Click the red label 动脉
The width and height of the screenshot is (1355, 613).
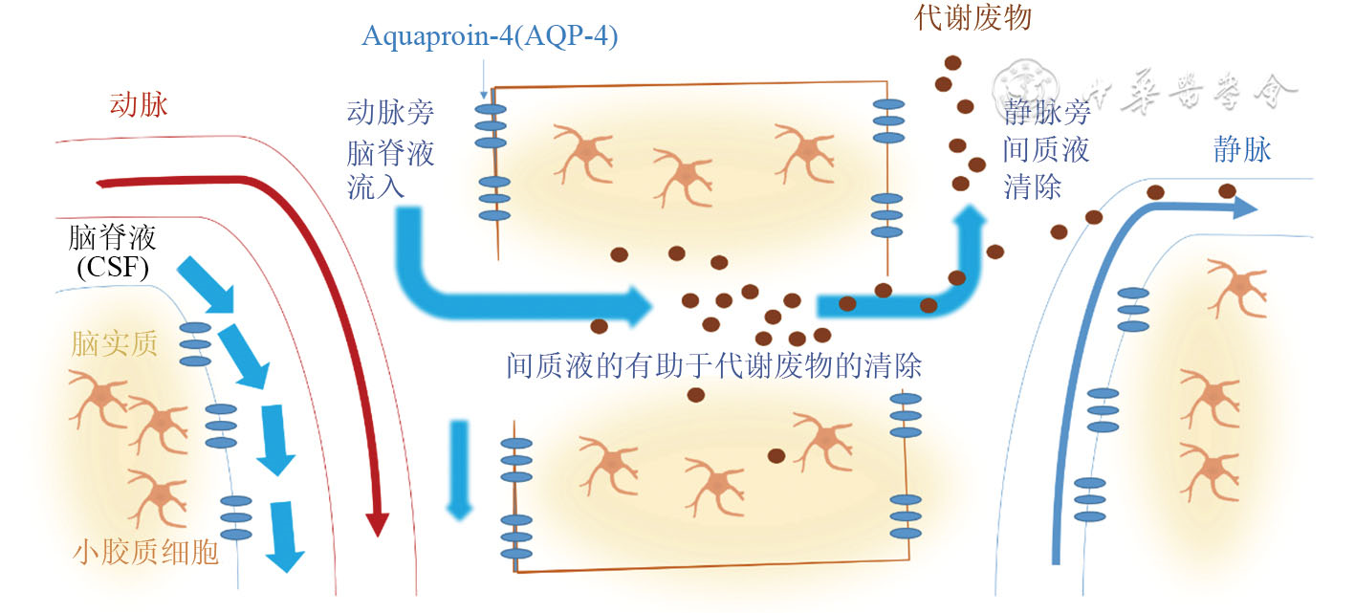pyautogui.click(x=139, y=104)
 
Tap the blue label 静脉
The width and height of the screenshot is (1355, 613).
pyautogui.click(x=1242, y=150)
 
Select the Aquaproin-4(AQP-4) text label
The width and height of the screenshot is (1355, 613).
pyautogui.click(x=491, y=37)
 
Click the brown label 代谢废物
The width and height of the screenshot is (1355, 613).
pyautogui.click(x=973, y=17)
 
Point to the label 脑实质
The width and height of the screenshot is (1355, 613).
pyautogui.click(x=114, y=345)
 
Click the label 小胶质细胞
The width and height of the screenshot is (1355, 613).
pyautogui.click(x=145, y=552)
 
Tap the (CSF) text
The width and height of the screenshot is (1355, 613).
pyautogui.click(x=112, y=269)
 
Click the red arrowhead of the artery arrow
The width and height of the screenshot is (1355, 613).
pyautogui.click(x=379, y=522)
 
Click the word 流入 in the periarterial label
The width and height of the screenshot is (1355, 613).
pyautogui.click(x=376, y=185)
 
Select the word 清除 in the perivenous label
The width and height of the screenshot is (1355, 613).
pyautogui.click(x=1033, y=185)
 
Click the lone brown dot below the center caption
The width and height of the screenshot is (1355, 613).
pyautogui.click(x=696, y=394)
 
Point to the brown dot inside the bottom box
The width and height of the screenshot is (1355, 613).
pyautogui.click(x=777, y=455)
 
